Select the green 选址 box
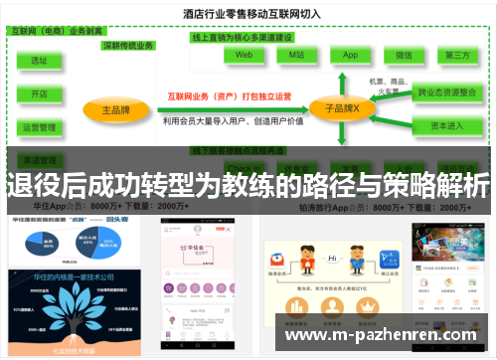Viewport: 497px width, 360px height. click(x=40, y=61)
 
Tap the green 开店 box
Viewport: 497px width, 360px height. click(x=40, y=93)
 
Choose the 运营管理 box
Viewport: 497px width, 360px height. click(x=40, y=127)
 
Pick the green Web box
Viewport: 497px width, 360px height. click(x=244, y=57)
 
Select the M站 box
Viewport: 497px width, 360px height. click(x=296, y=57)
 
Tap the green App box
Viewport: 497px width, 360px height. click(x=350, y=57)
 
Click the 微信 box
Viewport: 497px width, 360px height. click(x=404, y=57)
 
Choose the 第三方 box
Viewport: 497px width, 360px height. click(x=457, y=57)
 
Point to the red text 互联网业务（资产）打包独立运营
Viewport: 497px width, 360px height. click(x=230, y=96)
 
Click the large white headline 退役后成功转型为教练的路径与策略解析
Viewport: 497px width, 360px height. click(x=248, y=185)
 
